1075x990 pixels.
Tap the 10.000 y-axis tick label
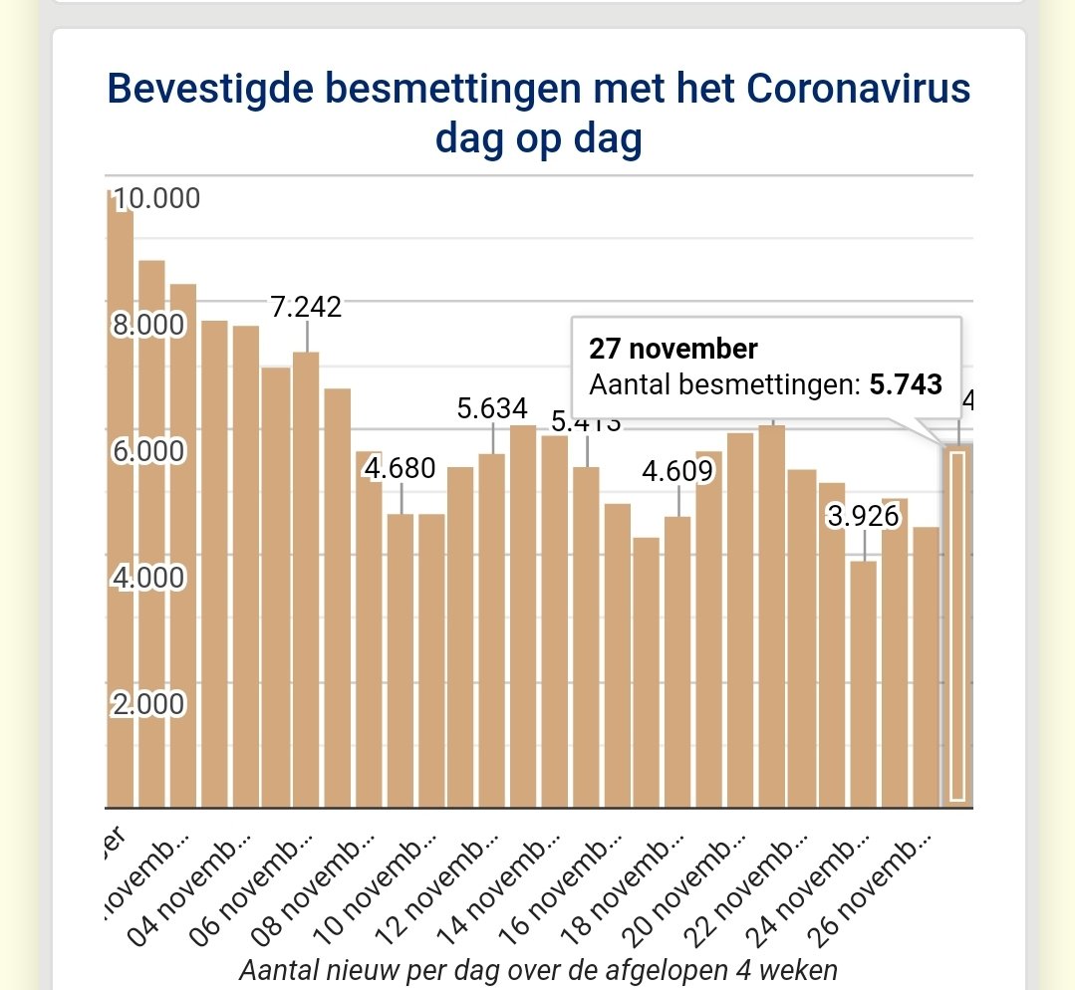(x=156, y=198)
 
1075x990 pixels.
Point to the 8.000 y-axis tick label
(x=149, y=325)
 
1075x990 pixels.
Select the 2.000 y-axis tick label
(x=149, y=704)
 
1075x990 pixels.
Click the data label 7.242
(x=307, y=307)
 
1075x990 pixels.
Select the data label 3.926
(x=863, y=516)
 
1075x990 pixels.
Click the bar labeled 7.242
(x=307, y=578)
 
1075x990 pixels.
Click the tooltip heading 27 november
(x=673, y=349)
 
